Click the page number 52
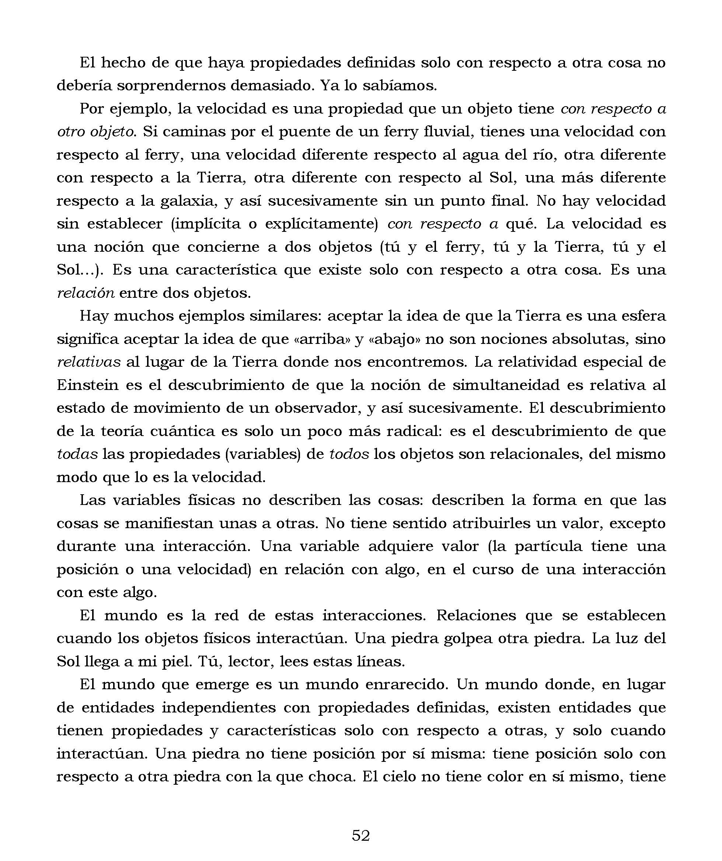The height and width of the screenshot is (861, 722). coord(361,835)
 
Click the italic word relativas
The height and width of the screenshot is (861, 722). coord(88,362)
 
